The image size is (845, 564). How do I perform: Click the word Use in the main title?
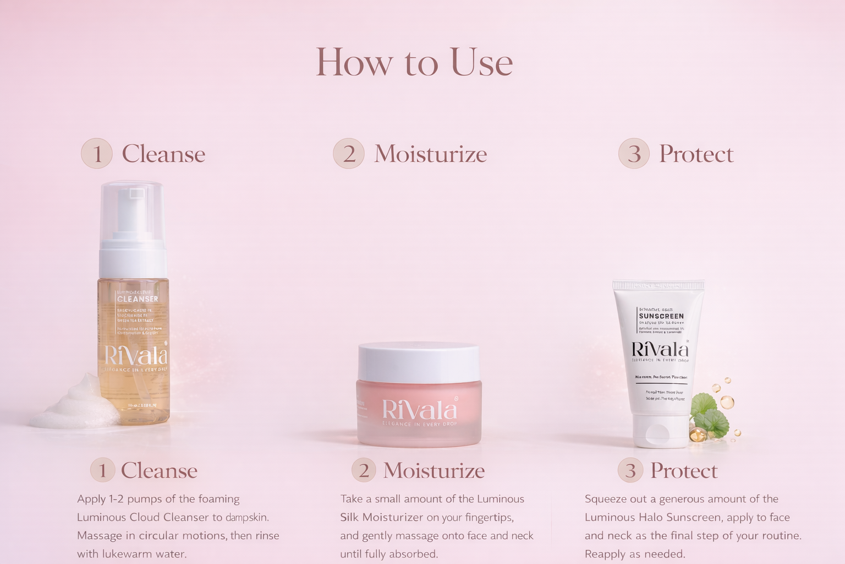click(x=481, y=62)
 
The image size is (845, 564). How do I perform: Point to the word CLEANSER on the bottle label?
click(x=138, y=299)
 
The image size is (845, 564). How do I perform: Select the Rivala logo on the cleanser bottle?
click(x=135, y=355)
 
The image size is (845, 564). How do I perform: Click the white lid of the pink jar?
click(x=418, y=361)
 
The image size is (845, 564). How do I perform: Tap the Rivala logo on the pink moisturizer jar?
click(x=419, y=410)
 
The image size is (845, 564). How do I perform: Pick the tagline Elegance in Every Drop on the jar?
click(x=419, y=424)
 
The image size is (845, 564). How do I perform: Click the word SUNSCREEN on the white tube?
click(x=661, y=316)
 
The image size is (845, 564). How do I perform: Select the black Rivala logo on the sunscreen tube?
click(x=660, y=349)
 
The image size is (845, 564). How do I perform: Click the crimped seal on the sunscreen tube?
click(x=659, y=285)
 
